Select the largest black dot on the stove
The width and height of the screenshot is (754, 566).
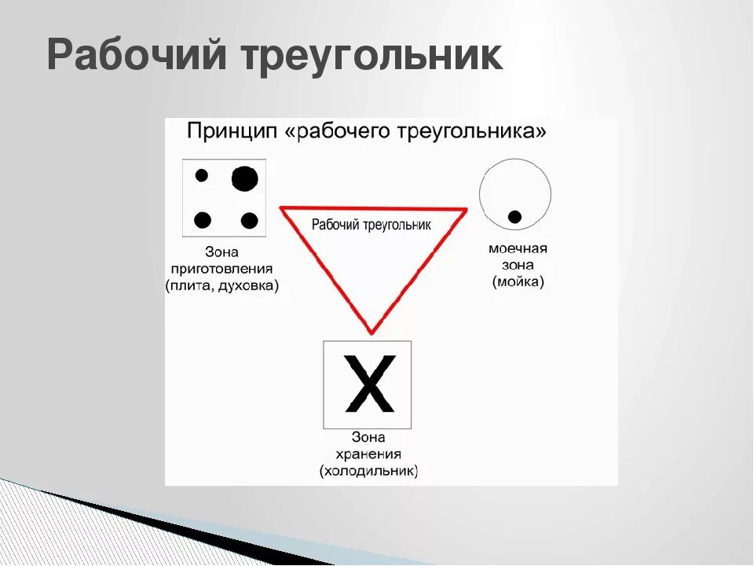click(x=244, y=179)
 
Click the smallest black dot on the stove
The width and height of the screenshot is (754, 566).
click(x=202, y=175)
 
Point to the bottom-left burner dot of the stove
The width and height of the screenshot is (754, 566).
click(x=203, y=220)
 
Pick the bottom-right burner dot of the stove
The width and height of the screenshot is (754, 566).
click(x=250, y=220)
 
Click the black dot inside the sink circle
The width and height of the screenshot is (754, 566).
click(x=514, y=216)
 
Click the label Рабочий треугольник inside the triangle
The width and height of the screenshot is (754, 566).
click(x=372, y=225)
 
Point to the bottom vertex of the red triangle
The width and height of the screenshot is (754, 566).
click(x=372, y=331)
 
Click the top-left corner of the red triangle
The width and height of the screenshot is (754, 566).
click(x=283, y=209)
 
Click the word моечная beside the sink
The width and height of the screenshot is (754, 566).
click(x=518, y=248)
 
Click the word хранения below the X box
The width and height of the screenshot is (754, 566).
click(x=368, y=454)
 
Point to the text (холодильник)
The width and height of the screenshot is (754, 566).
click(x=368, y=472)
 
